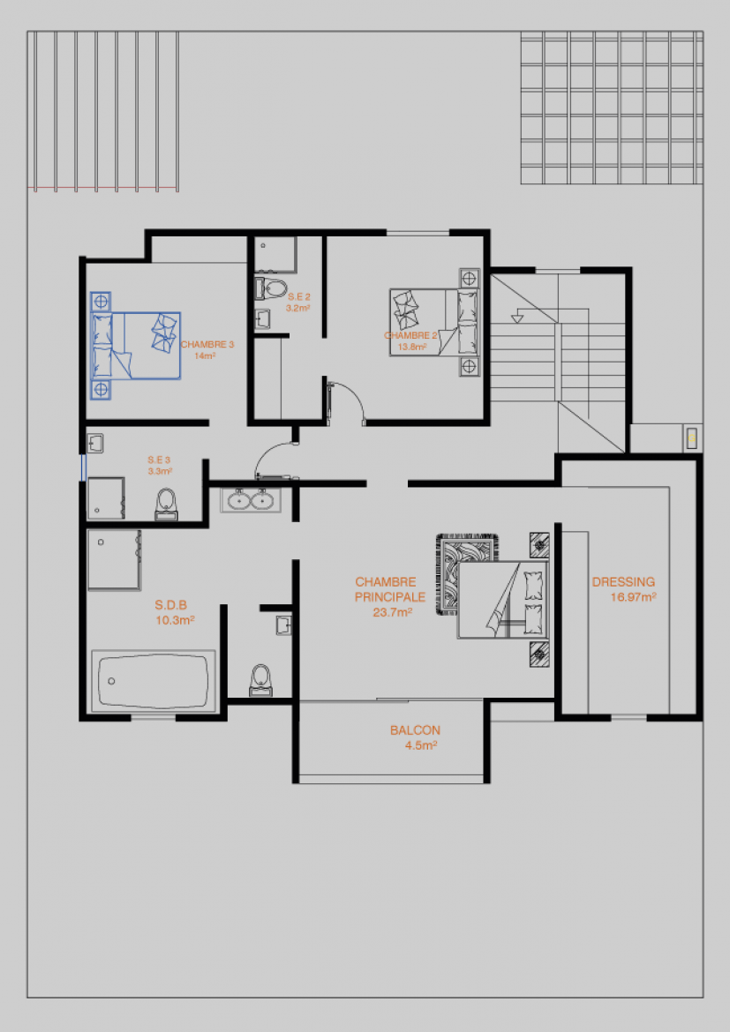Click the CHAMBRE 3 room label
point(207,344)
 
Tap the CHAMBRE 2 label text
point(410,336)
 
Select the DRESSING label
point(623,582)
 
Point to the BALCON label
point(415,730)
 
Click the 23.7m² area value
point(393,612)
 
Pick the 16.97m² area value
point(633,597)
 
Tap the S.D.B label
point(171,605)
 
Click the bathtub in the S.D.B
point(154,681)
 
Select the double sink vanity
point(251,499)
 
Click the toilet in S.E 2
point(271,288)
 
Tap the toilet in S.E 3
point(166,505)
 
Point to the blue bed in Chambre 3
point(135,346)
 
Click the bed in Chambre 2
point(434,322)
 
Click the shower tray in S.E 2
point(275,255)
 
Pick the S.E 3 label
point(159,460)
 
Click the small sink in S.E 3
point(94,443)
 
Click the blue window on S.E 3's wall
point(84,467)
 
